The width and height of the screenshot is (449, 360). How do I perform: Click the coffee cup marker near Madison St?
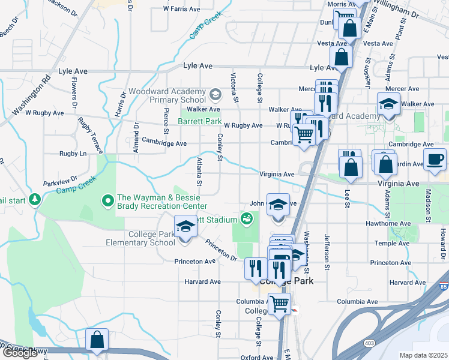coord(435,159)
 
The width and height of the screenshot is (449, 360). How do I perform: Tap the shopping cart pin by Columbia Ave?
coord(279,304)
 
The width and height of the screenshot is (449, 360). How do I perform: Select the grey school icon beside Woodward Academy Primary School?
coord(215,94)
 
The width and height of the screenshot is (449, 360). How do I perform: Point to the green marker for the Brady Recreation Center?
coord(108,199)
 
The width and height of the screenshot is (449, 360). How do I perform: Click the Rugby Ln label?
coord(73,154)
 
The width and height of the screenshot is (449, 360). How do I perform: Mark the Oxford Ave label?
coord(257,357)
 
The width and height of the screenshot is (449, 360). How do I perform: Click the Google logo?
coord(20,353)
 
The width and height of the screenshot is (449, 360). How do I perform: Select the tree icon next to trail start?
coord(35,199)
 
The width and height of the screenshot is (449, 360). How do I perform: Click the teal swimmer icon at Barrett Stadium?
coord(246,219)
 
